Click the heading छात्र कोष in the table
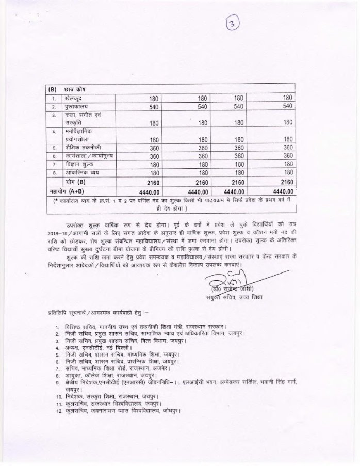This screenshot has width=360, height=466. click(x=76, y=89)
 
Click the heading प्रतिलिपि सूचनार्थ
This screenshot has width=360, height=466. click(x=69, y=312)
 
